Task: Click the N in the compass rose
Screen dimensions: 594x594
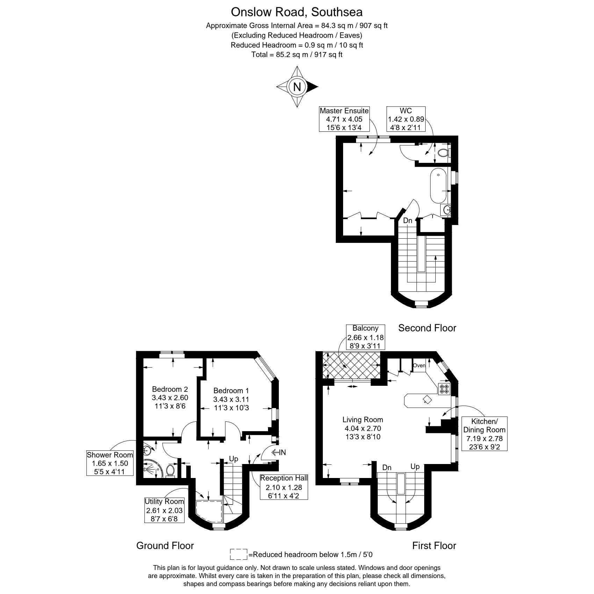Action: point(297,87)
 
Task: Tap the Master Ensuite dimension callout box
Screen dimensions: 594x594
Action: point(344,119)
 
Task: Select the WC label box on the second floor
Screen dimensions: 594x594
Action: point(406,119)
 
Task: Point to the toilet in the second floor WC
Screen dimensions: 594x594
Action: point(443,153)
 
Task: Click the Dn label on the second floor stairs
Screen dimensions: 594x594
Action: point(407,220)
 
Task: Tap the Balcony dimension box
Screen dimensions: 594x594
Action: point(365,337)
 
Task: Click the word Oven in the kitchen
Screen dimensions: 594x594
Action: point(419,365)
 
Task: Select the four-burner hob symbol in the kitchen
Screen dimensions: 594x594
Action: point(444,389)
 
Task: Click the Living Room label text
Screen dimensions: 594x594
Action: point(362,420)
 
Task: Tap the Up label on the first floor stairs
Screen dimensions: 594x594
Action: point(415,466)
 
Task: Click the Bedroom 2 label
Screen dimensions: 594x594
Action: point(170,389)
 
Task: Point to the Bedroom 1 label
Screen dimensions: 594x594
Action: point(231,391)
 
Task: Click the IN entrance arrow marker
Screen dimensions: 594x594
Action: point(278,452)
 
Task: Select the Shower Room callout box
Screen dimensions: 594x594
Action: point(110,463)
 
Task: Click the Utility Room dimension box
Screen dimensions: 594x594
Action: point(164,510)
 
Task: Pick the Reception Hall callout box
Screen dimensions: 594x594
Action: point(284,487)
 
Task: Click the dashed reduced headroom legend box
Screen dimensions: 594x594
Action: point(239,554)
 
